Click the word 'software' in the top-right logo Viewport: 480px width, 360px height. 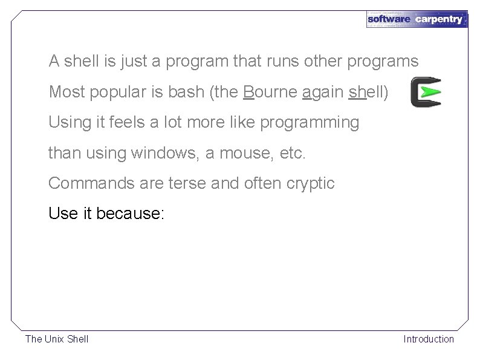[389, 19]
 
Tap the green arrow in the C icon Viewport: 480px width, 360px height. [430, 93]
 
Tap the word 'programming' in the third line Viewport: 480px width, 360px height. [310, 123]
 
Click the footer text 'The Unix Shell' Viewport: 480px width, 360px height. [57, 339]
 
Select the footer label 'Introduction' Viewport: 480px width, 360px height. [429, 339]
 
